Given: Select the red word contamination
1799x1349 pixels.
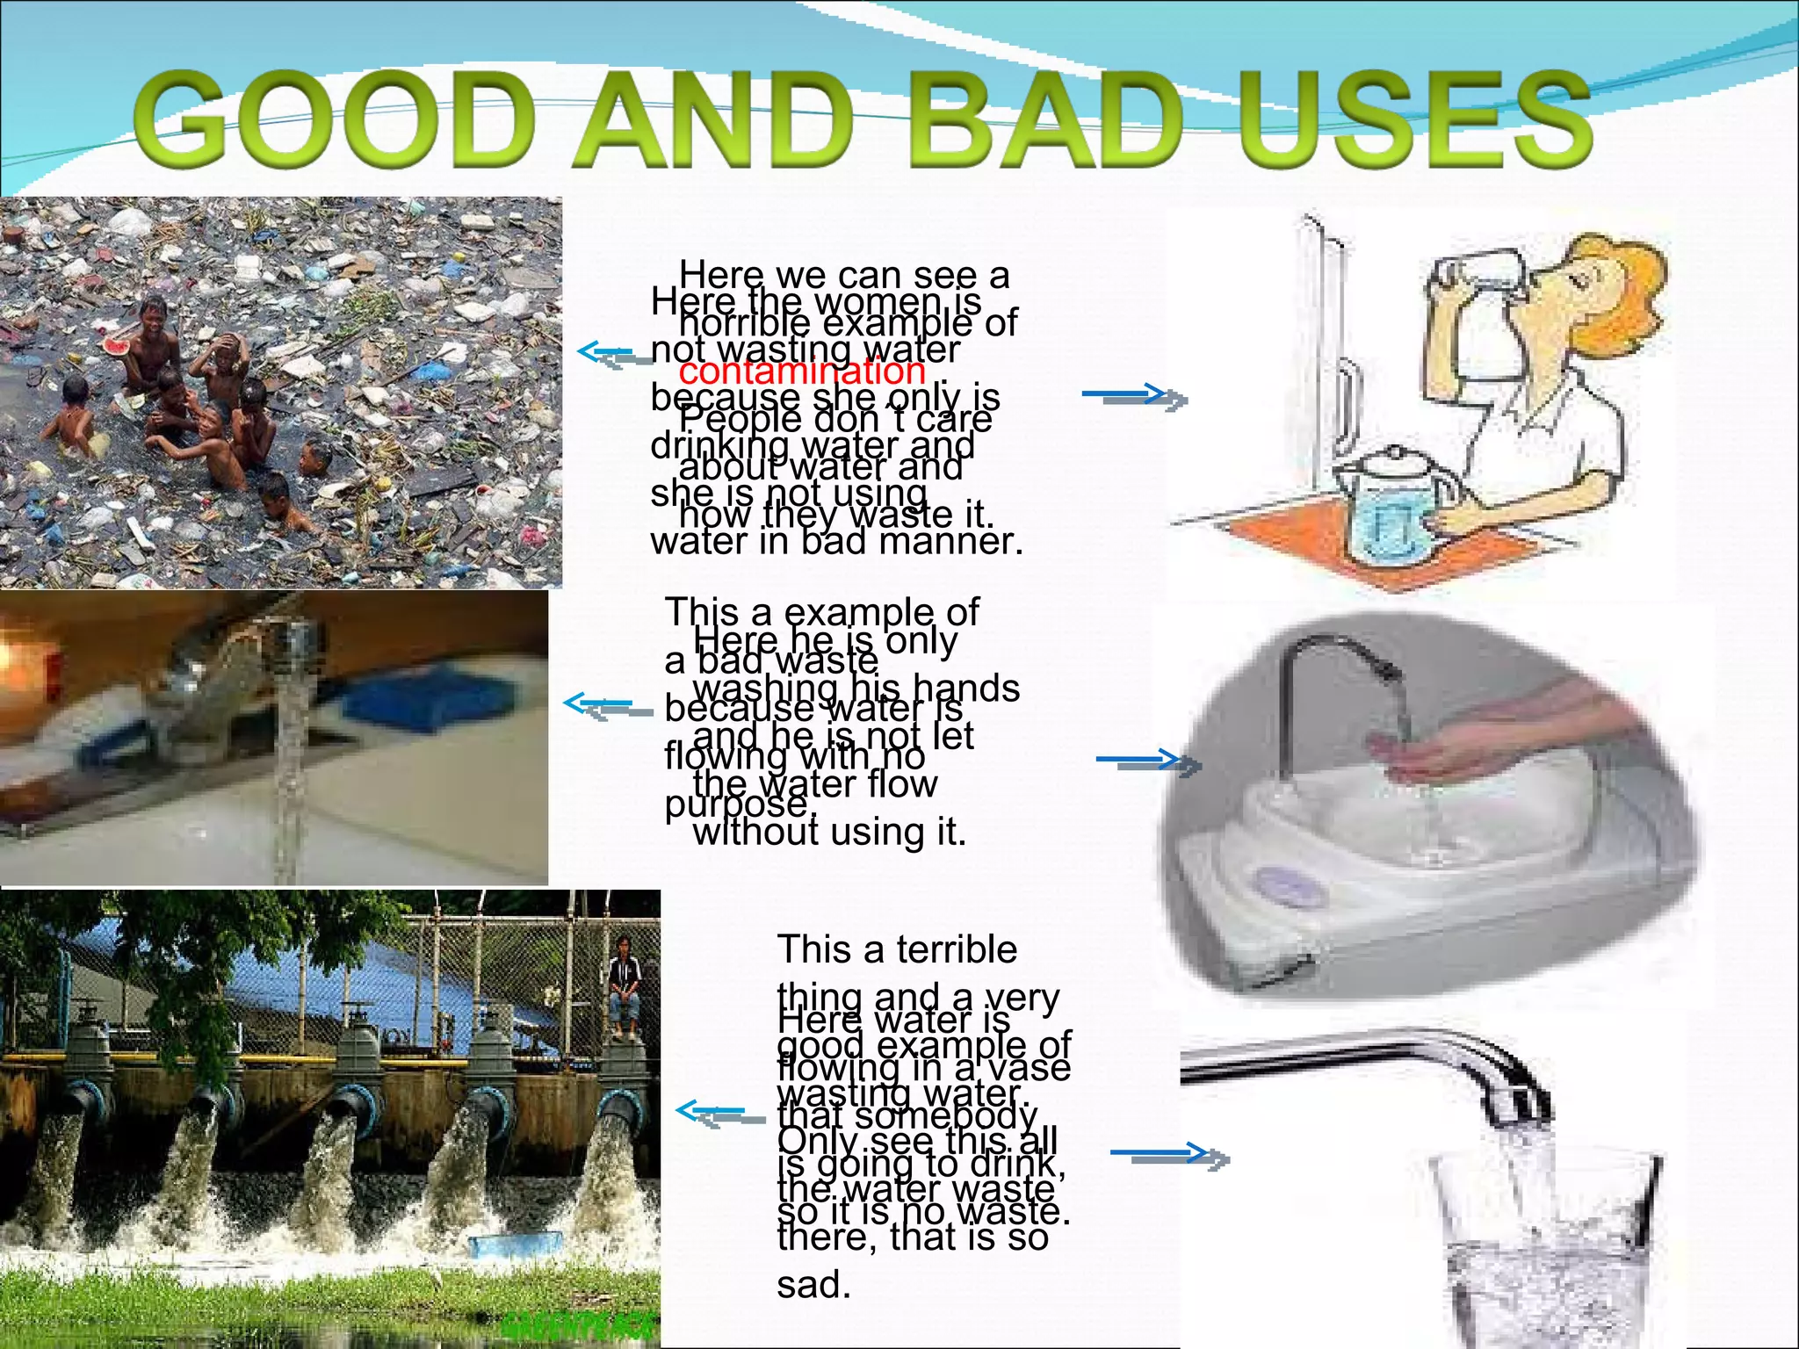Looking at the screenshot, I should click(802, 372).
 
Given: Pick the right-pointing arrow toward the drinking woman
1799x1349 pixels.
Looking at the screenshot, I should click(1133, 397).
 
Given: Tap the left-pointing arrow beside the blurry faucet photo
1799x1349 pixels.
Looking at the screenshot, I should click(606, 706).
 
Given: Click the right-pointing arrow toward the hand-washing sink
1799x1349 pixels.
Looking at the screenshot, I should click(1146, 761).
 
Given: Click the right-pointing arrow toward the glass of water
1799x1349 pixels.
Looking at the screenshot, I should click(1168, 1155).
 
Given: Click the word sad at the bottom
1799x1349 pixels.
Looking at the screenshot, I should click(813, 1285).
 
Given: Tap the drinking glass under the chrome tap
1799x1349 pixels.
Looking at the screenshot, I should click(1546, 1247).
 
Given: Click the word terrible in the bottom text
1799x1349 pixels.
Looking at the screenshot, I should click(957, 949).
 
